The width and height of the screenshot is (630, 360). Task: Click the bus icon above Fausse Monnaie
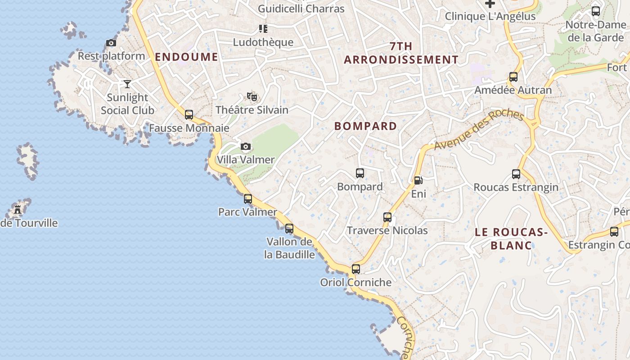tap(189, 115)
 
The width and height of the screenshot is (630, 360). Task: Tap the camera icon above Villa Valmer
tap(246, 146)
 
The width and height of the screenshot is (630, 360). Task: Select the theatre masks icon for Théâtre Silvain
tap(252, 96)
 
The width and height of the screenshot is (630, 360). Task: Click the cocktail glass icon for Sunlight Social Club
tap(127, 84)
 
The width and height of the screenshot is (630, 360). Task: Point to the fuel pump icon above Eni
tap(418, 180)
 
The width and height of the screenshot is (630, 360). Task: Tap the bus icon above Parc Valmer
tap(247, 198)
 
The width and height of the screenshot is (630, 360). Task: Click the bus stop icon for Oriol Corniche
tap(355, 269)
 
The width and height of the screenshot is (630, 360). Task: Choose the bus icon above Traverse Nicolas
tap(387, 217)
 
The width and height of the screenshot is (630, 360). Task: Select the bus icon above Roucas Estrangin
tap(516, 174)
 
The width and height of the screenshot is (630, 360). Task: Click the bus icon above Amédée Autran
tap(513, 76)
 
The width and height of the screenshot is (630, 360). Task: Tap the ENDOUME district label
tap(186, 57)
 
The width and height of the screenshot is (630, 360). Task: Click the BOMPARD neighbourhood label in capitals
tap(365, 126)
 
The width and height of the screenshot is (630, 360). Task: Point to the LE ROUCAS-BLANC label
tap(511, 238)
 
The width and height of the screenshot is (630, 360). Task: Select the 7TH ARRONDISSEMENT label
tap(401, 53)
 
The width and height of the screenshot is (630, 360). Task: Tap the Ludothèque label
tap(263, 42)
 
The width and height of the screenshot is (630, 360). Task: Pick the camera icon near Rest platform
tap(111, 43)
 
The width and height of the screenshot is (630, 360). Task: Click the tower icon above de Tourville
tap(18, 209)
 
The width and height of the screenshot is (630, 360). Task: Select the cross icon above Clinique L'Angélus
tap(490, 4)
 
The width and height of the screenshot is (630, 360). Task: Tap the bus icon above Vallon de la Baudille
tap(289, 228)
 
